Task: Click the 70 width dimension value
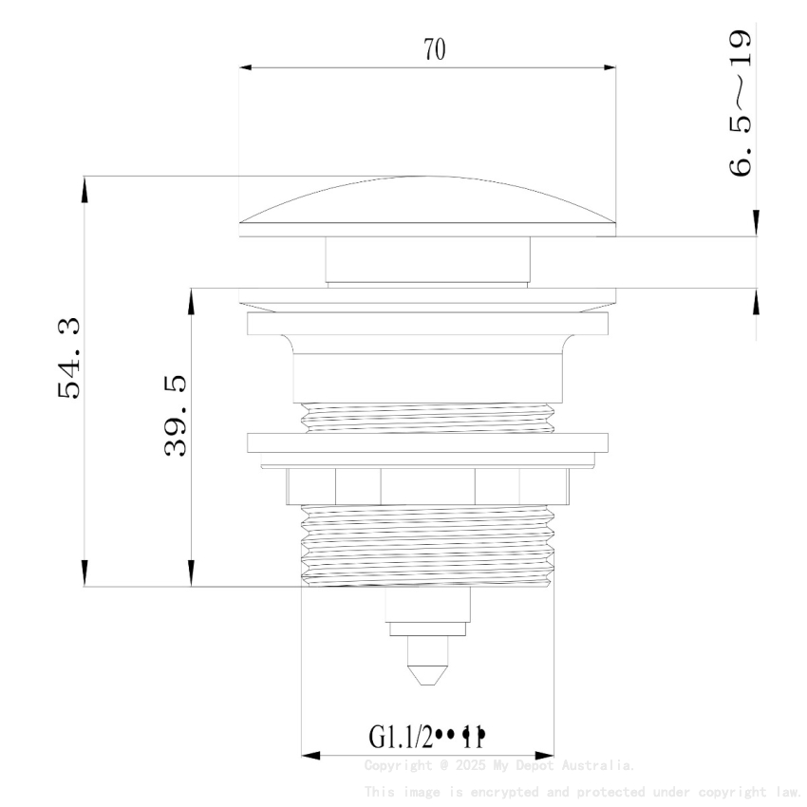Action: [x=434, y=50]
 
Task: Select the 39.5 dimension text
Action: [x=177, y=415]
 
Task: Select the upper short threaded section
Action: [x=427, y=418]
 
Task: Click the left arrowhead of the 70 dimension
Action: [x=246, y=67]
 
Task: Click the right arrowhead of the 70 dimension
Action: [x=610, y=67]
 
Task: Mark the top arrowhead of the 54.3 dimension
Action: [x=84, y=187]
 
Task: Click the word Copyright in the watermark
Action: [x=397, y=765]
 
